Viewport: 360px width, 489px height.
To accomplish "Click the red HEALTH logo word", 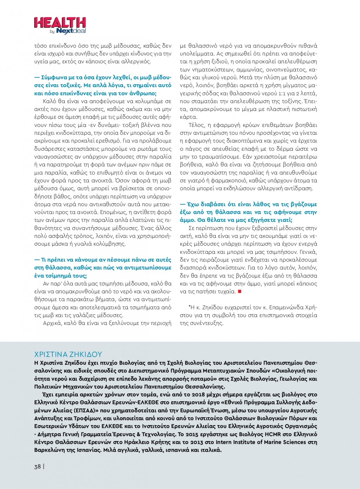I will point(60,23).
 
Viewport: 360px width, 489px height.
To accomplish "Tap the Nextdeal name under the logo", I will point(71,31).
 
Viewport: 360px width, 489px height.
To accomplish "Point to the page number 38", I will point(37,466).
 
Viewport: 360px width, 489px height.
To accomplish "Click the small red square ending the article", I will point(240,292).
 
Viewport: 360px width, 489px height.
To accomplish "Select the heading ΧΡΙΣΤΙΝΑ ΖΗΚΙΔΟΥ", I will point(68,354).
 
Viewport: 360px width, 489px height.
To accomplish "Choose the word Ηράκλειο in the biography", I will point(137,442).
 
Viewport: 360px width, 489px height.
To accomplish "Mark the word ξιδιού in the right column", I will point(218,62).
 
